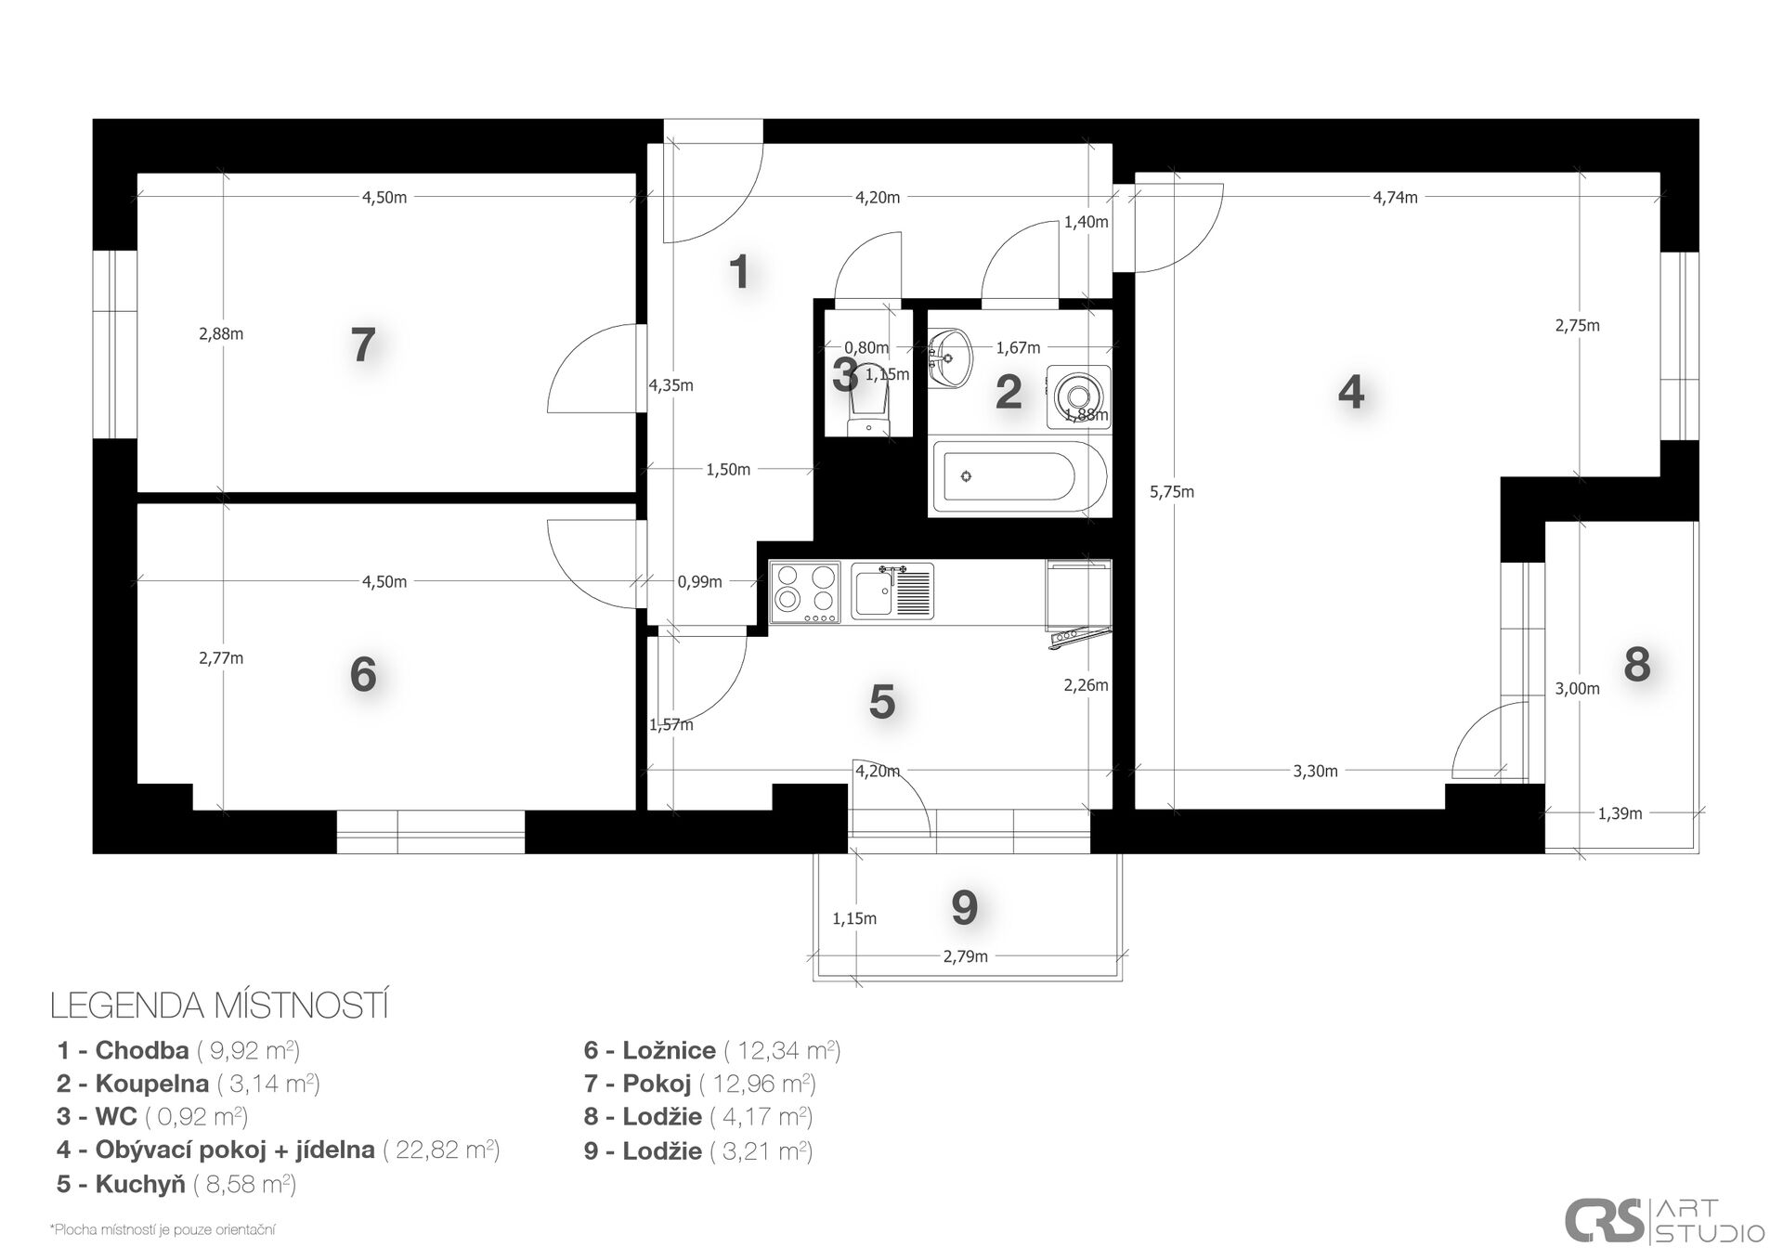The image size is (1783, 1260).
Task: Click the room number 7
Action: pos(363,345)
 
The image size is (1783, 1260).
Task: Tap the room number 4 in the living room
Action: pos(1351,392)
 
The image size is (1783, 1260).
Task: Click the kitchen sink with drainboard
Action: pos(892,591)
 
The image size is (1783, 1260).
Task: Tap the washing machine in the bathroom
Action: pos(1078,396)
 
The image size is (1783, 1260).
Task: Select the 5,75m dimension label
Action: pos(1172,492)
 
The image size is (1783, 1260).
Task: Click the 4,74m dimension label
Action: pos(1395,197)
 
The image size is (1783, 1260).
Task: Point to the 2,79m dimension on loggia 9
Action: pos(966,956)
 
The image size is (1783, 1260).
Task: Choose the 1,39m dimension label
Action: pos(1620,813)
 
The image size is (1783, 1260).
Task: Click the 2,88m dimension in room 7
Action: pos(221,333)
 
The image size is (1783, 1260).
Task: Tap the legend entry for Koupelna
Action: pos(189,1084)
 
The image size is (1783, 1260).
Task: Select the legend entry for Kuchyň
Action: pos(176,1184)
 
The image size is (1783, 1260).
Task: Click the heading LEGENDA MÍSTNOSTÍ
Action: pos(219,1006)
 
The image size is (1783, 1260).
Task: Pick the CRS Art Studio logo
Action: pos(1664,1221)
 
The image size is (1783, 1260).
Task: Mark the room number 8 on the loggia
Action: pos(1636,665)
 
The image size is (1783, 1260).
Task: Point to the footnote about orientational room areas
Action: pos(163,1230)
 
